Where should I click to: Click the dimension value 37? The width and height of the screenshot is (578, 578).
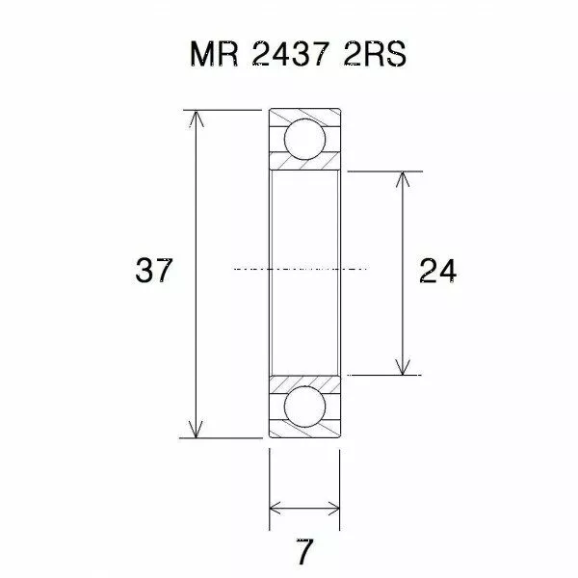154,273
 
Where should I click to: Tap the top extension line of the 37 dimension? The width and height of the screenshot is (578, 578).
222,110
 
